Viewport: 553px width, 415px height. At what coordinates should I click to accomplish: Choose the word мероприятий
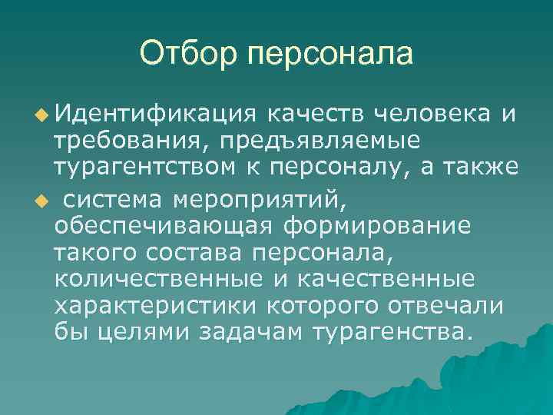tap(261, 201)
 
